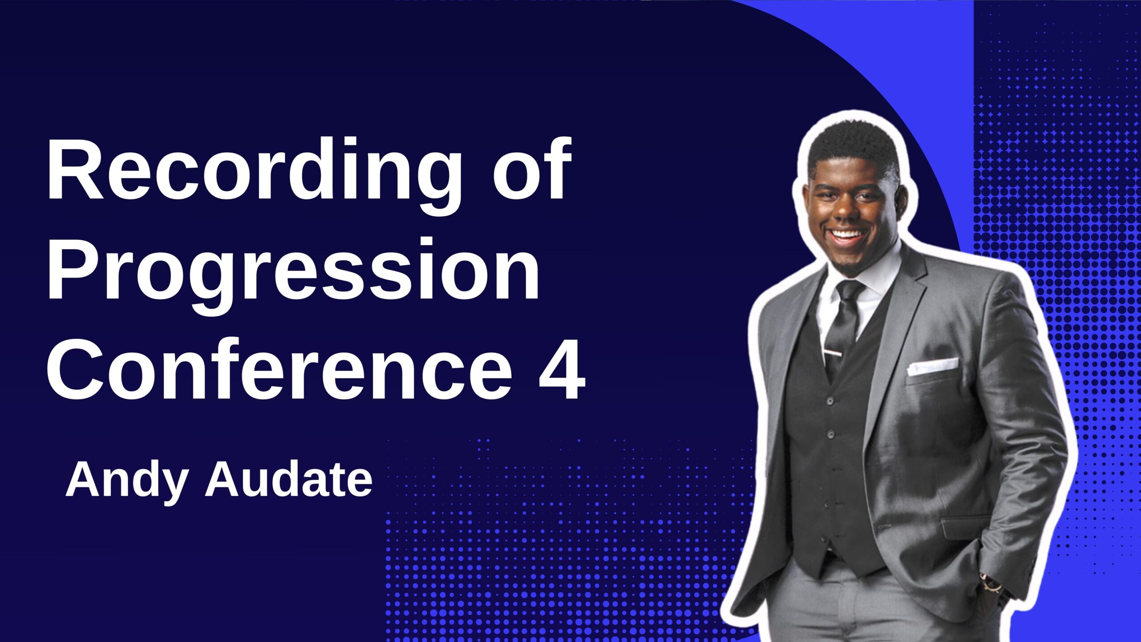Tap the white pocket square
point(932,366)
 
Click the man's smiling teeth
point(846,234)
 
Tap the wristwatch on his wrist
point(992,582)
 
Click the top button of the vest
point(829,401)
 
